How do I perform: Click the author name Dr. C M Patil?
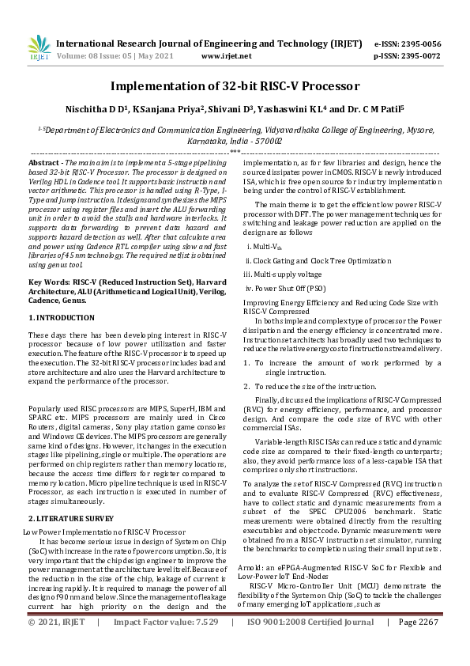click(x=372, y=110)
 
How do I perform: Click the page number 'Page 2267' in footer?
click(x=418, y=645)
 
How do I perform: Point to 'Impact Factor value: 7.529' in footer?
click(x=166, y=645)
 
